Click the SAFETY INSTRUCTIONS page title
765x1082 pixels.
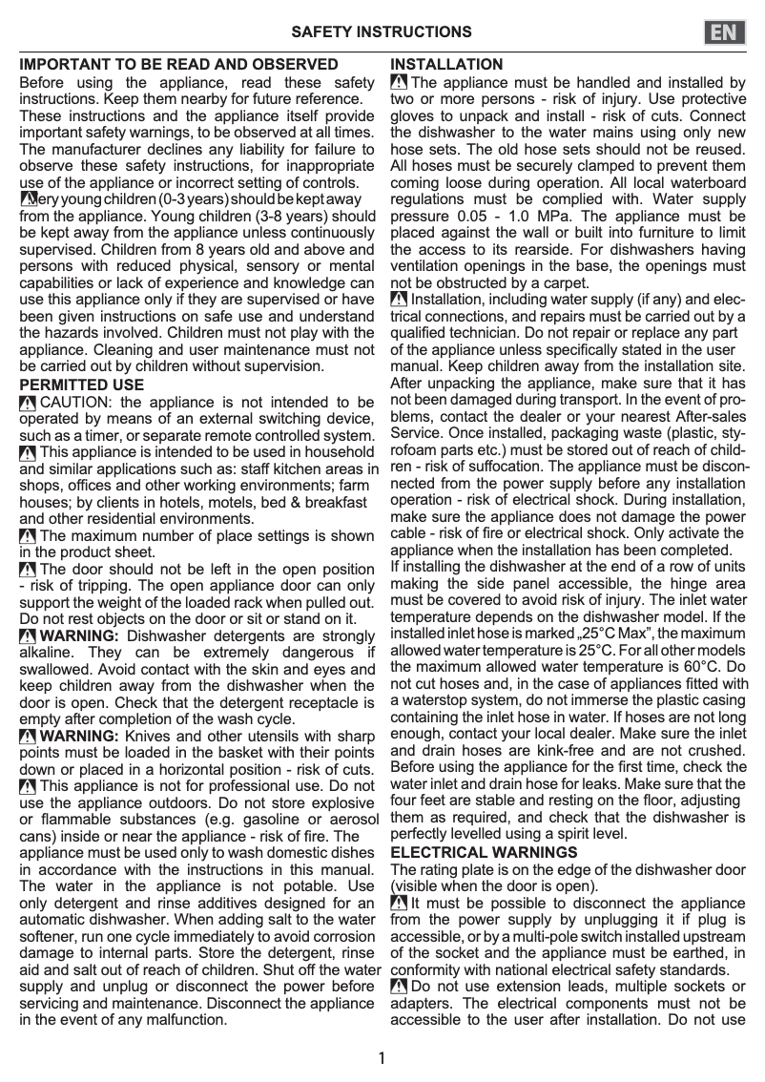382,32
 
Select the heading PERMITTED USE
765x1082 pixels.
82,385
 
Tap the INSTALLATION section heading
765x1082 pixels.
446,65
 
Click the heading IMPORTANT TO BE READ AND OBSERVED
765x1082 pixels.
178,65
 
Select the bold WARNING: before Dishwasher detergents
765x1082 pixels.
79,636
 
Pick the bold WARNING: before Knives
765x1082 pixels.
79,737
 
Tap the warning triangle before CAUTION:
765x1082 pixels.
29,403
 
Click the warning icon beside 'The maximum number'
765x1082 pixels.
29,536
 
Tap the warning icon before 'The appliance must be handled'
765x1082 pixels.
399,84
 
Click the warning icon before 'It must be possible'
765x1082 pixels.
399,903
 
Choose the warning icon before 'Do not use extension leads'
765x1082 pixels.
399,987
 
